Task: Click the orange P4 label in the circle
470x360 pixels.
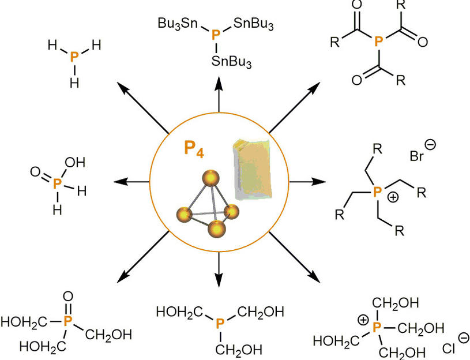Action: (x=194, y=148)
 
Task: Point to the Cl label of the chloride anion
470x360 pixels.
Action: (x=450, y=349)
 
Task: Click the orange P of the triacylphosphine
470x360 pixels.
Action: (x=378, y=41)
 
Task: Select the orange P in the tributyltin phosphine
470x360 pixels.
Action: (x=216, y=36)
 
